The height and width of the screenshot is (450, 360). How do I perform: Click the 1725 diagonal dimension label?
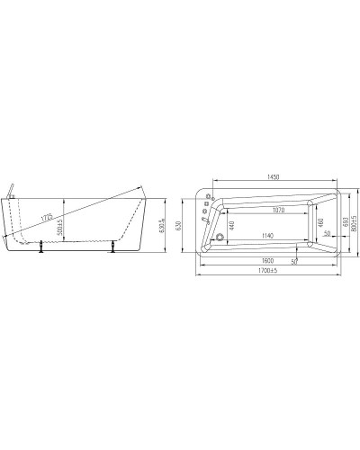pos(46,218)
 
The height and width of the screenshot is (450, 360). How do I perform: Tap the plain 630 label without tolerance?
pos(178,225)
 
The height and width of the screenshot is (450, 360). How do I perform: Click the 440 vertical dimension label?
pos(231,224)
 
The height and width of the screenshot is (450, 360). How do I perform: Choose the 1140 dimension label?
pos(268,236)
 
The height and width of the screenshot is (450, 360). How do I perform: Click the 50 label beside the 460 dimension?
pos(327,232)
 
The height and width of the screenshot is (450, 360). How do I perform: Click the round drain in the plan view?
pos(219,238)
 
